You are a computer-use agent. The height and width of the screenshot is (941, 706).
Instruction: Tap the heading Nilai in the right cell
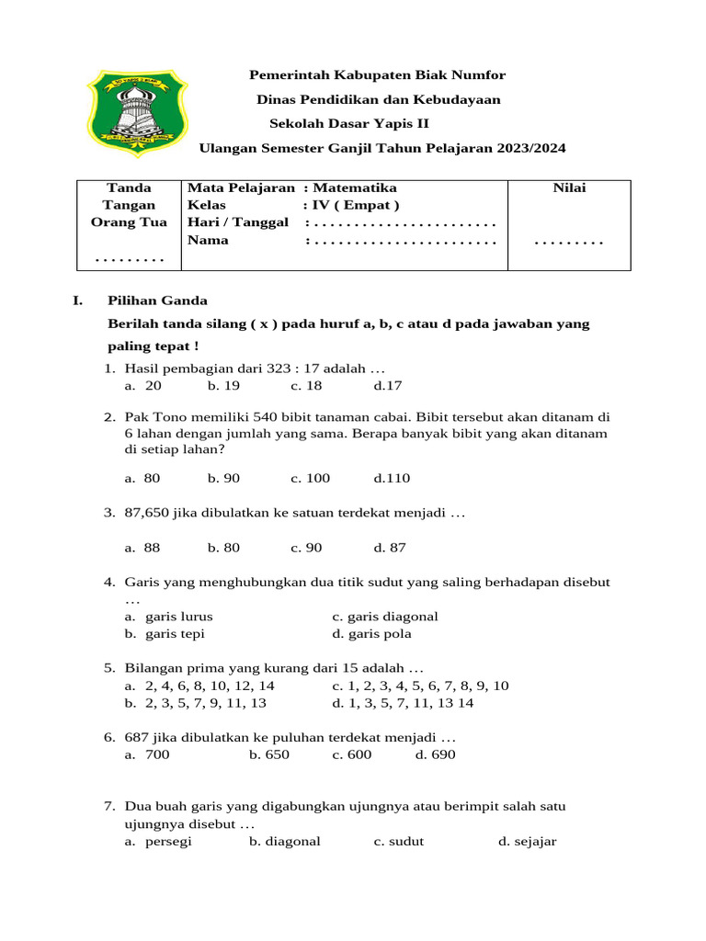[x=569, y=187]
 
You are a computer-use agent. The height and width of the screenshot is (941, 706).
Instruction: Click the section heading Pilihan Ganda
[x=157, y=300]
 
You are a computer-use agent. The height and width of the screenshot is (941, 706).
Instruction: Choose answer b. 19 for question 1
[x=223, y=386]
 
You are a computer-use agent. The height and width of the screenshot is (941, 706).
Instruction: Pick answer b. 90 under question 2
[x=223, y=478]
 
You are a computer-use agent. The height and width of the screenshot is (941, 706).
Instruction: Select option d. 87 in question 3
[x=390, y=547]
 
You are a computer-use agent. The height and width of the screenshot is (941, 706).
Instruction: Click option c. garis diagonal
[x=385, y=616]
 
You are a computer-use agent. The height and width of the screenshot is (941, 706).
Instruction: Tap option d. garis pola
[x=372, y=633]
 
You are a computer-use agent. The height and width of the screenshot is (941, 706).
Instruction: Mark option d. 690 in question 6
[x=435, y=754]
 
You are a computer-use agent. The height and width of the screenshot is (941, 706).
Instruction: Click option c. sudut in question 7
[x=399, y=841]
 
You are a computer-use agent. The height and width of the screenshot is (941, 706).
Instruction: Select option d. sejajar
[x=528, y=841]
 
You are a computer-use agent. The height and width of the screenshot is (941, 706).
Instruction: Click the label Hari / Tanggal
[x=237, y=222]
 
